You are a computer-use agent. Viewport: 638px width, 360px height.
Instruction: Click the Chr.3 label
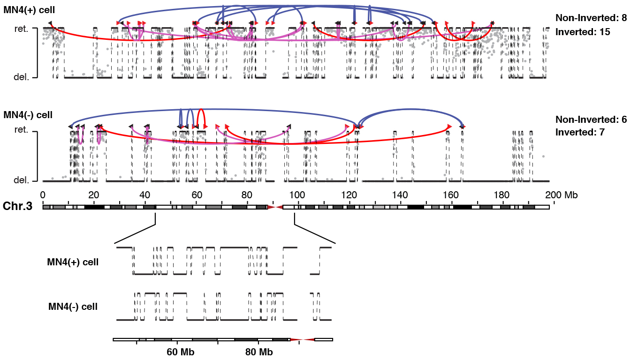17,206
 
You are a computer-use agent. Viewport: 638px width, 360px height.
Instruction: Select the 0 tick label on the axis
43,195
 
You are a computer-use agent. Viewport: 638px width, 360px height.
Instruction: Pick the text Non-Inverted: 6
591,120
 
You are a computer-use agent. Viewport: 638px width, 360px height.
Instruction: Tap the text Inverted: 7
580,133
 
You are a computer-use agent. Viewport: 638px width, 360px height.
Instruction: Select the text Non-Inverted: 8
591,18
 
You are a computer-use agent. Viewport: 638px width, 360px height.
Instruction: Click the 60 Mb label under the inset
181,352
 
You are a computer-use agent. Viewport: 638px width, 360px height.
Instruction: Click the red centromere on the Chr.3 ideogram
275,207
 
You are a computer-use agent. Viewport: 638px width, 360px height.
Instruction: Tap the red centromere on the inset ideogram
303,339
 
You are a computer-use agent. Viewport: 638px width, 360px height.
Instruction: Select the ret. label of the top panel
22,29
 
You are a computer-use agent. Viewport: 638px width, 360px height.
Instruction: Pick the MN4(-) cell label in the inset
73,307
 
